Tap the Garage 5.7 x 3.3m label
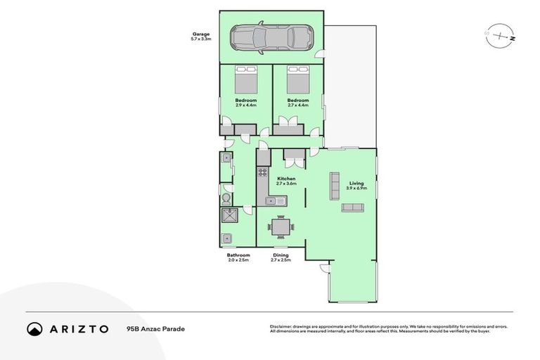pyautogui.click(x=202, y=37)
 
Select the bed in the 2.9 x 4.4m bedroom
pyautogui.click(x=246, y=79)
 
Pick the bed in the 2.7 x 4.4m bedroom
pyautogui.click(x=298, y=79)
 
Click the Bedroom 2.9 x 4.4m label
pyautogui.click(x=245, y=103)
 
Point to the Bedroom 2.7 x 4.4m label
pyautogui.click(x=298, y=103)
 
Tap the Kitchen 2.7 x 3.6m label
pyautogui.click(x=286, y=181)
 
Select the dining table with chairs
pyautogui.click(x=279, y=226)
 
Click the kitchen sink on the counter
pyautogui.click(x=276, y=202)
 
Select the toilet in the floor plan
pyautogui.click(x=227, y=200)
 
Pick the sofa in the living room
pyautogui.click(x=352, y=207)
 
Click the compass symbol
pyautogui.click(x=500, y=34)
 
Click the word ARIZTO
pyautogui.click(x=79, y=329)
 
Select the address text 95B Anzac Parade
pyautogui.click(x=150, y=329)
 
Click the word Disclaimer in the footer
pyautogui.click(x=282, y=326)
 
